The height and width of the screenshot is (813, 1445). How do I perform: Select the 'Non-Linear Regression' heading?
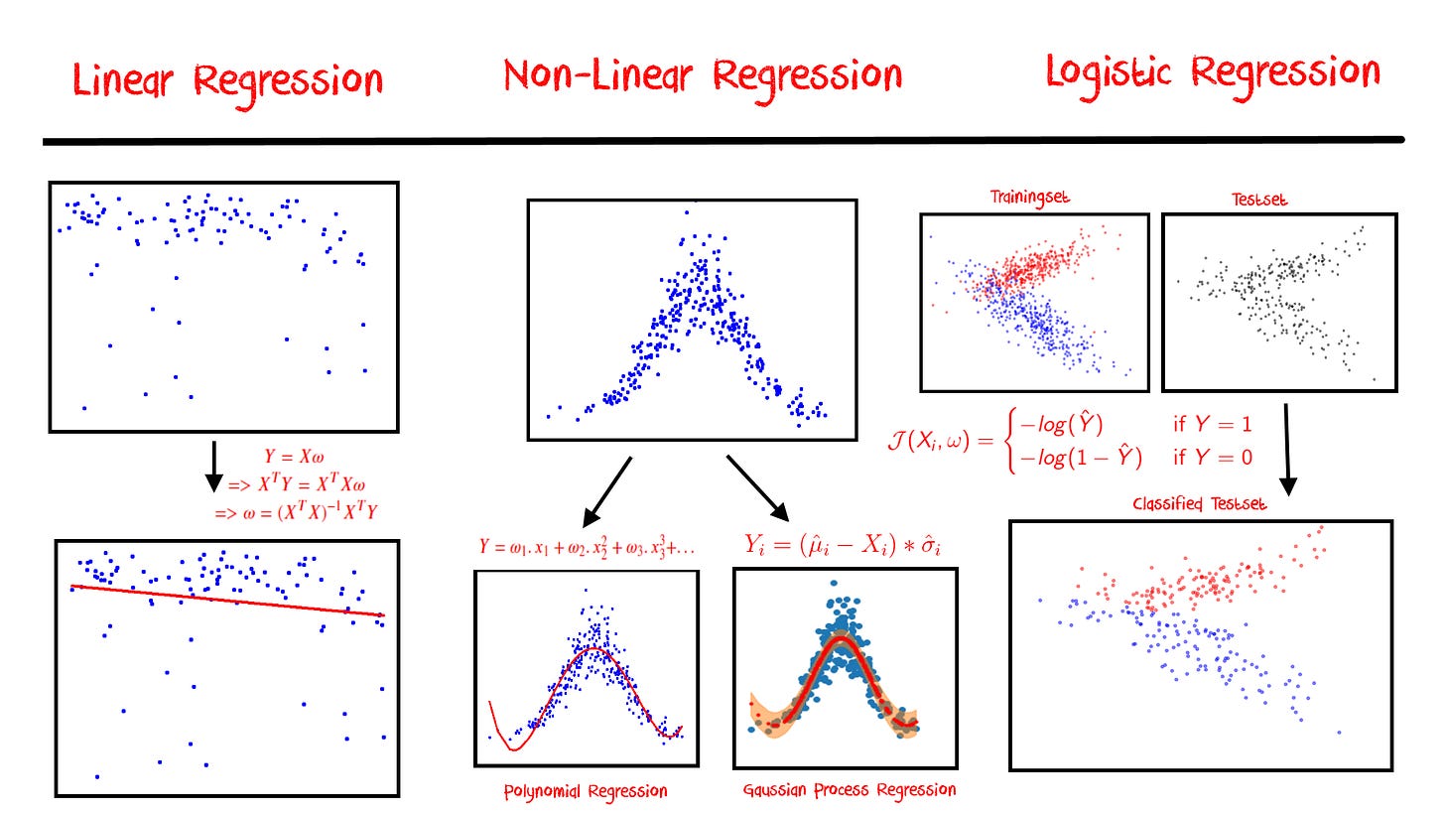703,76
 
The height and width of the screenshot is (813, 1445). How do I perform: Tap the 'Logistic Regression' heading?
1213,73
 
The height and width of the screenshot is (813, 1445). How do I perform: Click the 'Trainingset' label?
1030,198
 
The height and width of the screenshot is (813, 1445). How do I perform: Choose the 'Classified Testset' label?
1199,504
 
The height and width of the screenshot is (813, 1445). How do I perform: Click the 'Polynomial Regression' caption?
586,791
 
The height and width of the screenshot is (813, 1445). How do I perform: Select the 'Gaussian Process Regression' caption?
850,790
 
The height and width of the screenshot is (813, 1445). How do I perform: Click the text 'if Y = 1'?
1213,425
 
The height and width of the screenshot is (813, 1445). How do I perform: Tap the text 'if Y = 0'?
1213,458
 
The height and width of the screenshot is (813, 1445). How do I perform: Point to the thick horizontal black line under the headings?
722,141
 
